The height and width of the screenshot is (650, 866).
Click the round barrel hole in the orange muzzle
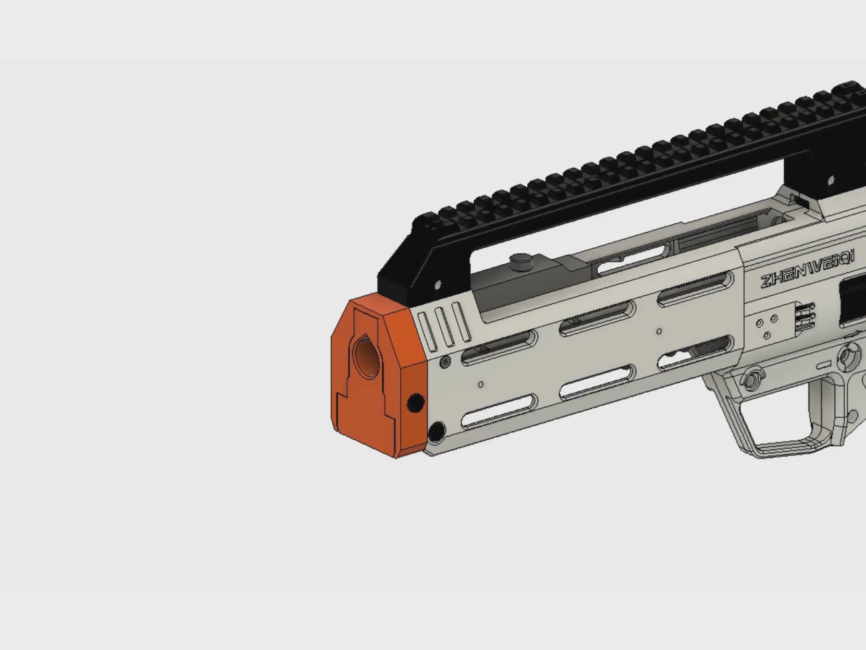tap(367, 356)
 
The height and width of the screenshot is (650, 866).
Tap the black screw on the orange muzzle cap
tap(415, 403)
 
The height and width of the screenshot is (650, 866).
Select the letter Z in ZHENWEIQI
tap(766, 281)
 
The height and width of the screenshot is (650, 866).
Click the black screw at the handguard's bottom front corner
tap(436, 431)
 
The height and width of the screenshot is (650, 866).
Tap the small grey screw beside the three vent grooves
tap(446, 361)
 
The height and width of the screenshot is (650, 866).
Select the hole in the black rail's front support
tap(438, 285)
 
